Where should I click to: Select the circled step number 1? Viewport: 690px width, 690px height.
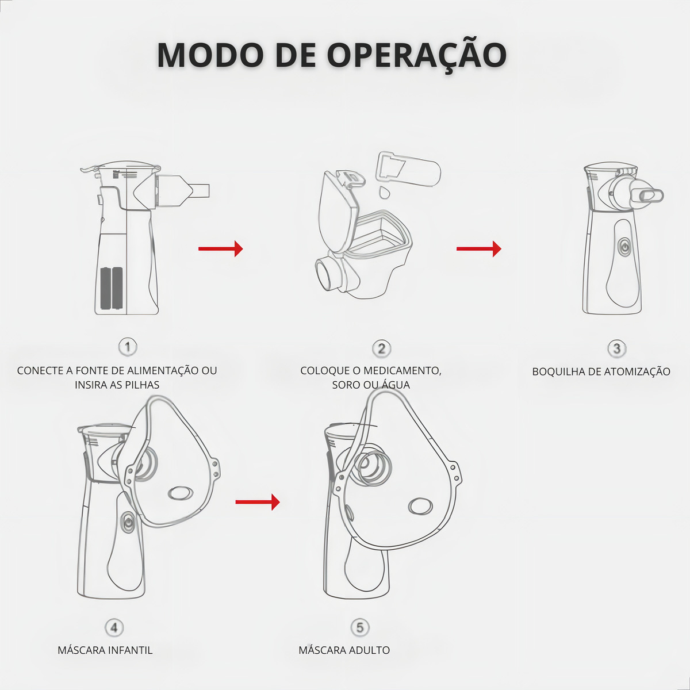tap(128, 347)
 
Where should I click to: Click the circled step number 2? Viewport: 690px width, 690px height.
tap(382, 348)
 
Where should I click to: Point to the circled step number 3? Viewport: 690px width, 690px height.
tap(616, 348)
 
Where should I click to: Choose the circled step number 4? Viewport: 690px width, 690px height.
tap(114, 628)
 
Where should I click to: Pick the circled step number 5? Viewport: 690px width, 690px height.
tap(360, 628)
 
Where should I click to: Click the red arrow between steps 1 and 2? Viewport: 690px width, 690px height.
tap(221, 248)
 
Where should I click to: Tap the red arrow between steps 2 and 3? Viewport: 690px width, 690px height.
tap(479, 248)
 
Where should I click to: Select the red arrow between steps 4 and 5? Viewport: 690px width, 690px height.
tap(258, 502)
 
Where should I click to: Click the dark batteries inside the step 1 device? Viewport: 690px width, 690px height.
tap(112, 288)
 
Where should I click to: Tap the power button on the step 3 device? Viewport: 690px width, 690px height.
tap(624, 248)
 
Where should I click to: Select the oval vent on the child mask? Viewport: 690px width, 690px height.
tap(181, 493)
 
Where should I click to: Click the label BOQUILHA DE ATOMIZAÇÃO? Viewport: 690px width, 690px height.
tap(601, 371)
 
